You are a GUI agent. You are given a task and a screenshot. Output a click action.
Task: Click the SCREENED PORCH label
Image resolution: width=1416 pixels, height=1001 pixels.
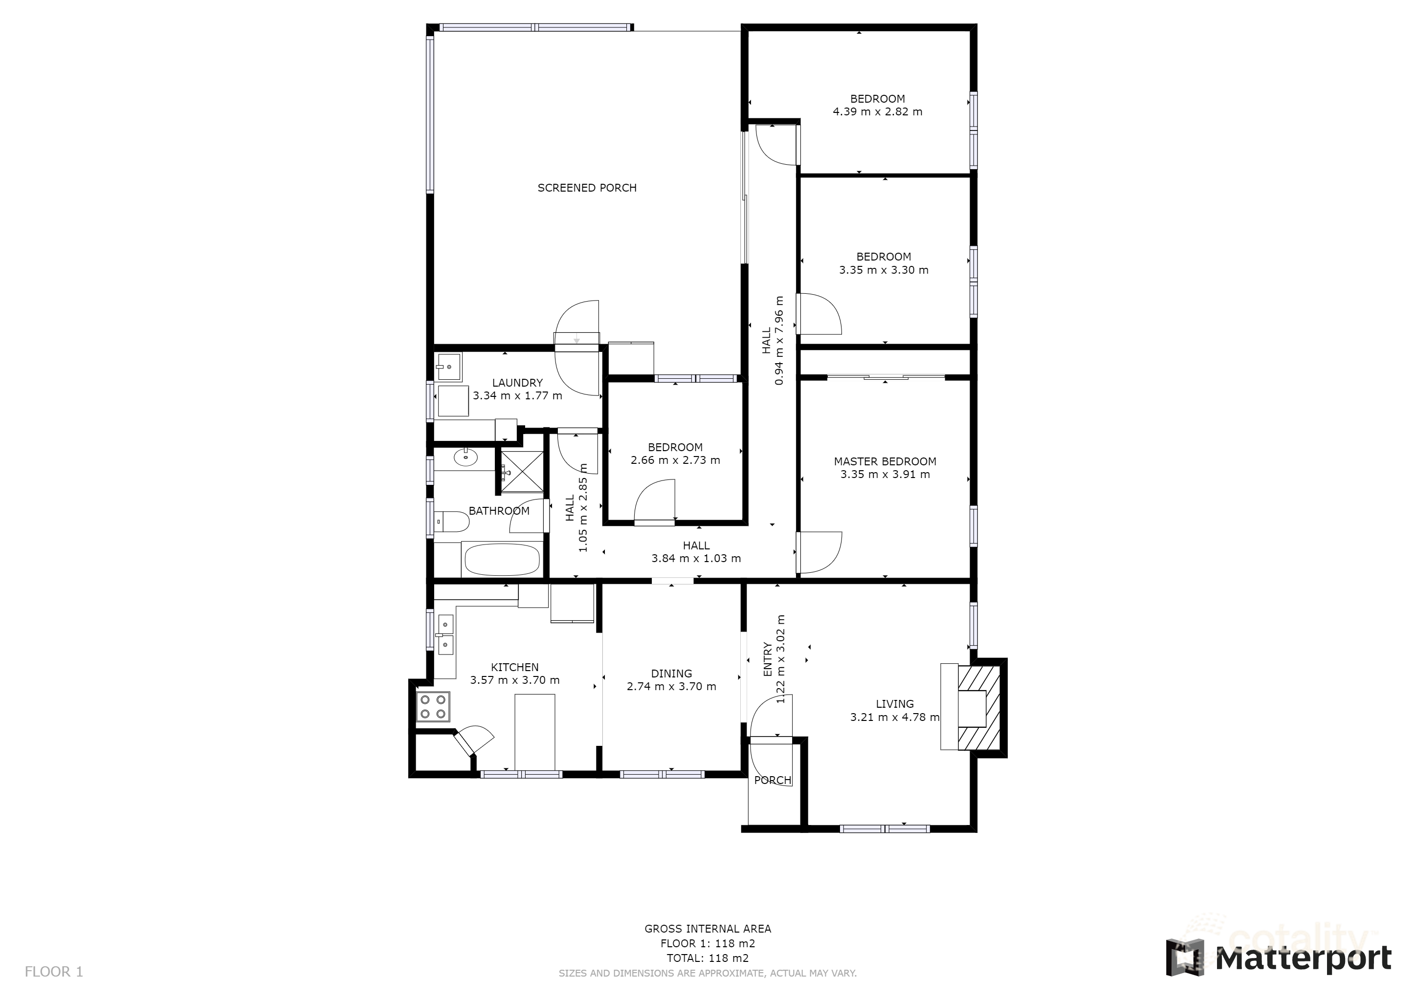point(587,188)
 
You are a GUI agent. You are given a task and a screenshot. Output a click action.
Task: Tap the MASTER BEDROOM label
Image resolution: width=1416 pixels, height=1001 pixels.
point(885,462)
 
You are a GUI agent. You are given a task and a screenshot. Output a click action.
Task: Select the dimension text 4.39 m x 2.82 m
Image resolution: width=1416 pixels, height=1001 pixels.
point(878,112)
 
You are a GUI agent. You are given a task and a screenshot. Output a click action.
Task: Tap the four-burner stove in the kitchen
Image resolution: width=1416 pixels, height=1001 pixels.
point(433,707)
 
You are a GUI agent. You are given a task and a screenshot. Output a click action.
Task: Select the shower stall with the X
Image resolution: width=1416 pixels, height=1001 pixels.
point(522,473)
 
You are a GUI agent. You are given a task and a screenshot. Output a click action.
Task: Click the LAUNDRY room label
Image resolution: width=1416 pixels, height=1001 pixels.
point(517,383)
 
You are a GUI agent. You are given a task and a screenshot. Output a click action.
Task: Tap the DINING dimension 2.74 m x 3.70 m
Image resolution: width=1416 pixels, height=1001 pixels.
point(672,687)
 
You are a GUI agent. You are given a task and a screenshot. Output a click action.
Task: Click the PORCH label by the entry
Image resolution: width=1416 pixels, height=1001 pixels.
point(773,781)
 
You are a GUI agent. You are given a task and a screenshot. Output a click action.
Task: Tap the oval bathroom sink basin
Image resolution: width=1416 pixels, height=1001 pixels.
point(465,457)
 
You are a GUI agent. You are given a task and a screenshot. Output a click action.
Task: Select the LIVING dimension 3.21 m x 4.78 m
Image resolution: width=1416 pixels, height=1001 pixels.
point(895,718)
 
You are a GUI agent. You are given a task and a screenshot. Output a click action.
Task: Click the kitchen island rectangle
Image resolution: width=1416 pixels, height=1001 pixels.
point(535,732)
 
